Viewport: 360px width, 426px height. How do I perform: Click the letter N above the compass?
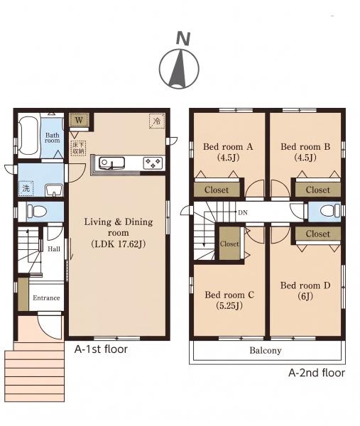[183, 38]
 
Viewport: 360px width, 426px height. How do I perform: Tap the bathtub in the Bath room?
[28, 136]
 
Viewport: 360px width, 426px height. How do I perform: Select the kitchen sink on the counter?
[111, 163]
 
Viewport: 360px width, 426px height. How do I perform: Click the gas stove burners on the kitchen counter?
[153, 163]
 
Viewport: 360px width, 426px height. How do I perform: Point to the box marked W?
[79, 120]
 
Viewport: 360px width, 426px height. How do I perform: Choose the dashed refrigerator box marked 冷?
[157, 121]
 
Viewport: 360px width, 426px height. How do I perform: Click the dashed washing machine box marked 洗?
[26, 188]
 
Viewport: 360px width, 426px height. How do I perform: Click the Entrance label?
[46, 297]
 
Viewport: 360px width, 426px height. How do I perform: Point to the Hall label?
[54, 248]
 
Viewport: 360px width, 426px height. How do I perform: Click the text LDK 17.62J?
[119, 244]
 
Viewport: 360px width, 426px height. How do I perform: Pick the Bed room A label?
[228, 147]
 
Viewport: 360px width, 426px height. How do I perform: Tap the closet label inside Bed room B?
[317, 190]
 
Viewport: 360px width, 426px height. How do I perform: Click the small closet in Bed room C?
[229, 244]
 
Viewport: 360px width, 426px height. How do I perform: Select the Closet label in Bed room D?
[317, 234]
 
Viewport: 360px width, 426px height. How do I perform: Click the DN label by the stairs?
[243, 213]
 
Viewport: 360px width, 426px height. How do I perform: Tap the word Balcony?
[266, 351]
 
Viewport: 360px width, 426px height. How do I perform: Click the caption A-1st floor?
[101, 349]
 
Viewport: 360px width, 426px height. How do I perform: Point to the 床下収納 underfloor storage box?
[78, 148]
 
